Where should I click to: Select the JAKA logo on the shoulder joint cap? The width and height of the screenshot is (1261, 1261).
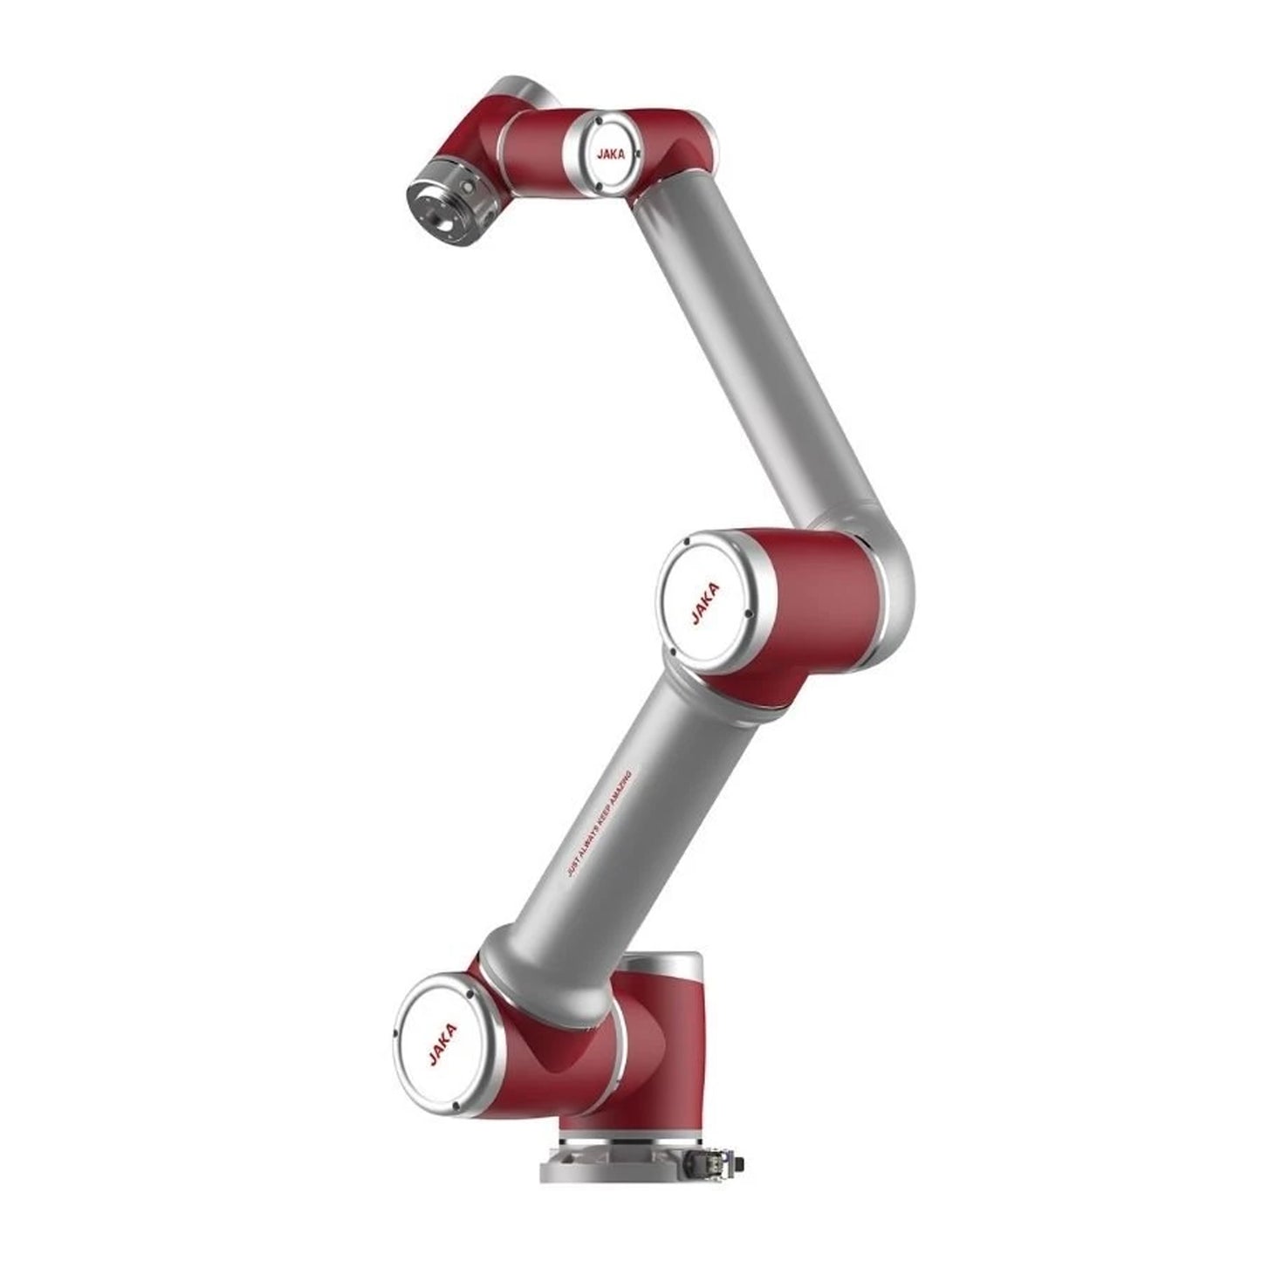pos(443,1045)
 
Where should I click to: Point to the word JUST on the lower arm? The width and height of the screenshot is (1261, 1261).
pos(574,872)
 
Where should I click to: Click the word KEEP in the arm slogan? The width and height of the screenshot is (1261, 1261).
pos(600,824)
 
